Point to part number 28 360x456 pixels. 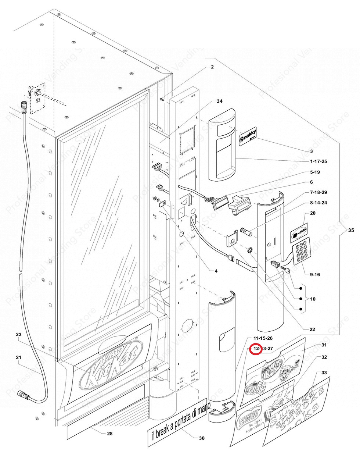point(109,434)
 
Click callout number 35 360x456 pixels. point(351,231)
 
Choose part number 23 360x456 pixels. point(19,335)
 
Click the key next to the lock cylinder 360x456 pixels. point(286,270)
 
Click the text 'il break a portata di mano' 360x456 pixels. point(179,423)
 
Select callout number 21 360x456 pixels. point(19,357)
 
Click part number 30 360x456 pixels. point(201,438)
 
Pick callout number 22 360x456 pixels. point(312,329)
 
